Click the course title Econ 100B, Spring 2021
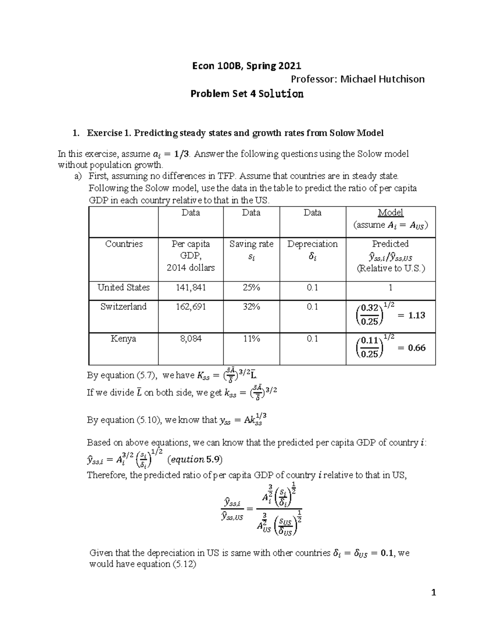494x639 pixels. coord(247,65)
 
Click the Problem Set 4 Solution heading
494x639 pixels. coord(247,94)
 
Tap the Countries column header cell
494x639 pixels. coord(123,244)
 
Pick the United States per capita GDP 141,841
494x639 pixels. coord(191,288)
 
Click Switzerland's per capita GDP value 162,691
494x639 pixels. coord(191,307)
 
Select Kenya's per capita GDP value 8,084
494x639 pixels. coord(191,339)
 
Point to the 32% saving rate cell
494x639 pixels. coord(251,307)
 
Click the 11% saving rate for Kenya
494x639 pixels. coord(251,339)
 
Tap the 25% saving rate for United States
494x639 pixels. coord(251,288)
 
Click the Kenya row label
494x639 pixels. coord(123,339)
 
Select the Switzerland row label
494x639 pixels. coord(123,307)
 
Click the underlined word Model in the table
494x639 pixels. coord(390,213)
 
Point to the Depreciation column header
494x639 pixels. coord(312,244)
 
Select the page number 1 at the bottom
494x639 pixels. coord(433,593)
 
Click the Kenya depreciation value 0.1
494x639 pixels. coord(312,339)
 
